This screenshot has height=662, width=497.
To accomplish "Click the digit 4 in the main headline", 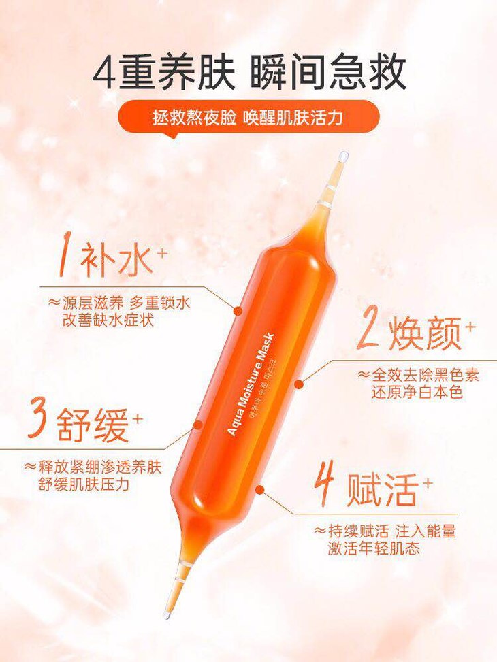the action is (104, 74).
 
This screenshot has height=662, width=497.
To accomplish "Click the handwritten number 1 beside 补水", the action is (67, 256).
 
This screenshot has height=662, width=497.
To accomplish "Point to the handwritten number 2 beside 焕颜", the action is (369, 332).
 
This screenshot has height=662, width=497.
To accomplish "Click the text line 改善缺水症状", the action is (108, 320).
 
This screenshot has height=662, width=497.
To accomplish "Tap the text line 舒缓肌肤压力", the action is (83, 484).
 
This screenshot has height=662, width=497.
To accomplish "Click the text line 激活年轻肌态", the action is (374, 548).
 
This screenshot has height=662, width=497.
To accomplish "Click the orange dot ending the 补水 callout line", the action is (238, 311).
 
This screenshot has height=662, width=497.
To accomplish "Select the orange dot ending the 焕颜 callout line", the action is (299, 384).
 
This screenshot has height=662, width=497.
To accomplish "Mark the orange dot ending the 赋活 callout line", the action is (261, 490).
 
